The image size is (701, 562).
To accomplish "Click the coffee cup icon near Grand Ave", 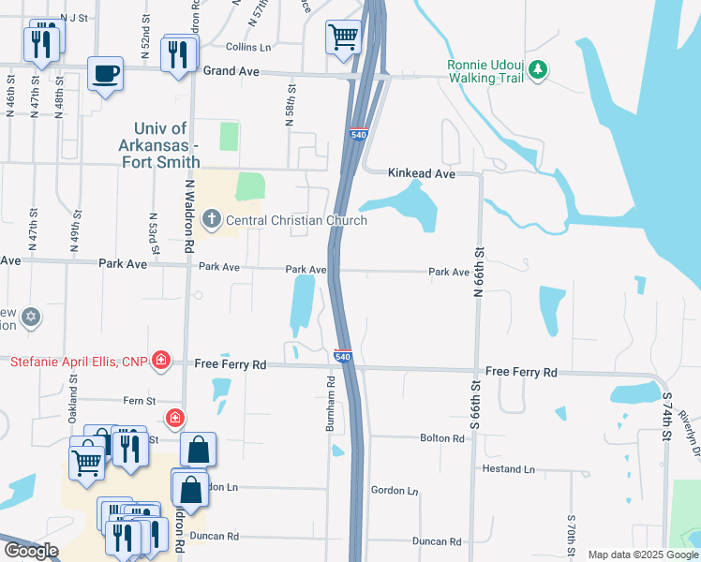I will click(105, 72).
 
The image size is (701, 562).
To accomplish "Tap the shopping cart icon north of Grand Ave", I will click(343, 37).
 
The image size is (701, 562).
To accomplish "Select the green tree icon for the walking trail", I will click(538, 68).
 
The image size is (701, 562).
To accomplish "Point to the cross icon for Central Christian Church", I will click(212, 221).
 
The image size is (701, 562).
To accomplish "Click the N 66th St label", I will click(478, 268).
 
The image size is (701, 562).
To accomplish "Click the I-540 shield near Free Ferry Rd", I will click(343, 357).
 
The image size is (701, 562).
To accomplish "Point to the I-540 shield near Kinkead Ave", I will click(358, 135).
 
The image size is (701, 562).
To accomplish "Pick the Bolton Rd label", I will click(442, 438).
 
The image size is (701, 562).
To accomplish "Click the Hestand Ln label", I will click(509, 468).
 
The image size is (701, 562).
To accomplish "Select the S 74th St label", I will click(668, 411).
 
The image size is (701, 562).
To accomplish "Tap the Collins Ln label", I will click(248, 46).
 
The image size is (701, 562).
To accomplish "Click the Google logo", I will click(32, 551).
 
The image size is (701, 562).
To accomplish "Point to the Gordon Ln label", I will click(394, 491).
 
